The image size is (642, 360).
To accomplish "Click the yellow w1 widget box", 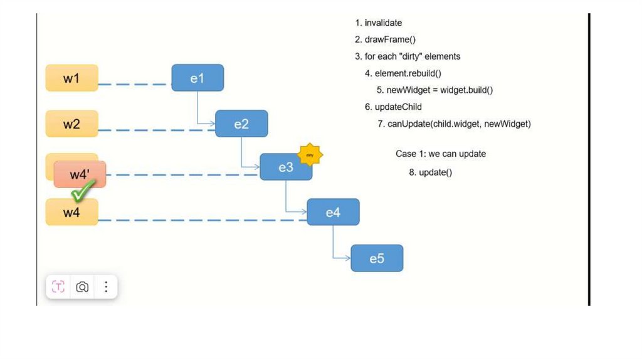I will click(71, 78).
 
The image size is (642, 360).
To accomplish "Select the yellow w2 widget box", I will click(71, 124).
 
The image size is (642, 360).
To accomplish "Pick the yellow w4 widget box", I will click(71, 213).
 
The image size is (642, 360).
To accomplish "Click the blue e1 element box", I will click(197, 78).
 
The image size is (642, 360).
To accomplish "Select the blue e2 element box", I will click(241, 124).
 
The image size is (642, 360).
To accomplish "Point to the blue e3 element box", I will click(285, 167).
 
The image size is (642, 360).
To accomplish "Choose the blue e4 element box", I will click(333, 212).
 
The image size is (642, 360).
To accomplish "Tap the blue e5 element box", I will click(377, 258).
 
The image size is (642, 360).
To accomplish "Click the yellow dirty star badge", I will click(310, 154).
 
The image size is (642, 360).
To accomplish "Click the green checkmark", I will click(83, 191).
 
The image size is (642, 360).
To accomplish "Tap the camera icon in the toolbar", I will click(82, 287).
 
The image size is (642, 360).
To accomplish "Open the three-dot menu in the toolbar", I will click(106, 287).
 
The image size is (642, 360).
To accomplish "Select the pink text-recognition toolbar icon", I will click(58, 287).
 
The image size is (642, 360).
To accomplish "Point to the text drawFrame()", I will click(390, 40).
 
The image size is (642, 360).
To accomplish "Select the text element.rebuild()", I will click(408, 73).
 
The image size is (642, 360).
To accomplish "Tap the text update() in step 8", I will click(435, 172).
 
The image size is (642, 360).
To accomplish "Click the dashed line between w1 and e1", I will click(134, 83).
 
